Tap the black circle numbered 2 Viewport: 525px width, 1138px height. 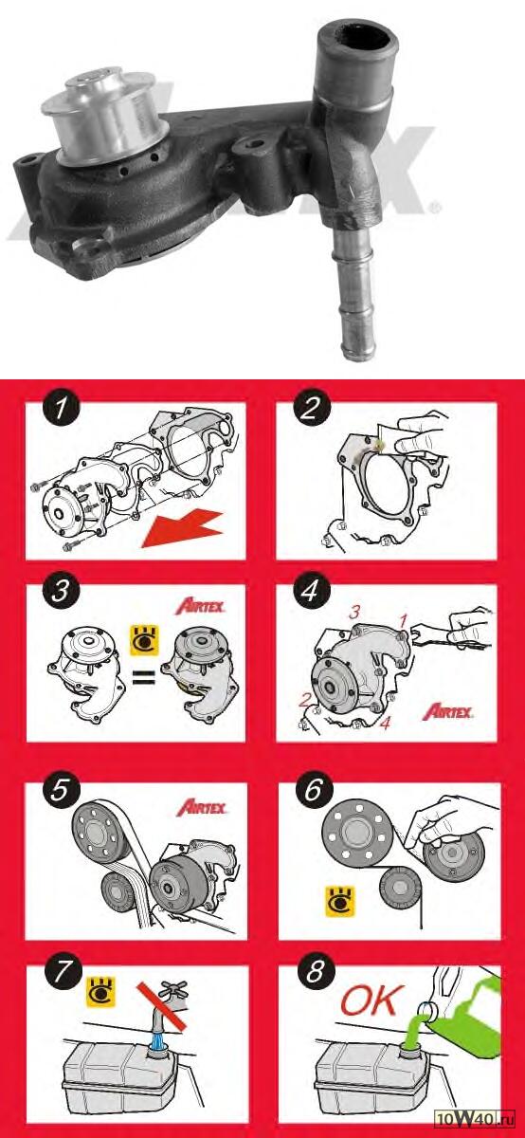[311, 410]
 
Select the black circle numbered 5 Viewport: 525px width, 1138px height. [60, 792]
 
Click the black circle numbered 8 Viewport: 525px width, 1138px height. [315, 973]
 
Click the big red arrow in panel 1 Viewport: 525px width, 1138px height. [182, 529]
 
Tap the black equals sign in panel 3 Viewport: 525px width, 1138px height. [144, 675]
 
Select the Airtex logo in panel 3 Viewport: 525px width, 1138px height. [200, 607]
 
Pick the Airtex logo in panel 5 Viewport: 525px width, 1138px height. [202, 808]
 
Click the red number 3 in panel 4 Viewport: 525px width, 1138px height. [354, 613]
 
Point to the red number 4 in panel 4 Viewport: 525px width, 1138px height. [386, 723]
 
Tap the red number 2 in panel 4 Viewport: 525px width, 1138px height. [304, 701]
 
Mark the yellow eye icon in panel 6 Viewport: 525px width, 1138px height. [339, 902]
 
